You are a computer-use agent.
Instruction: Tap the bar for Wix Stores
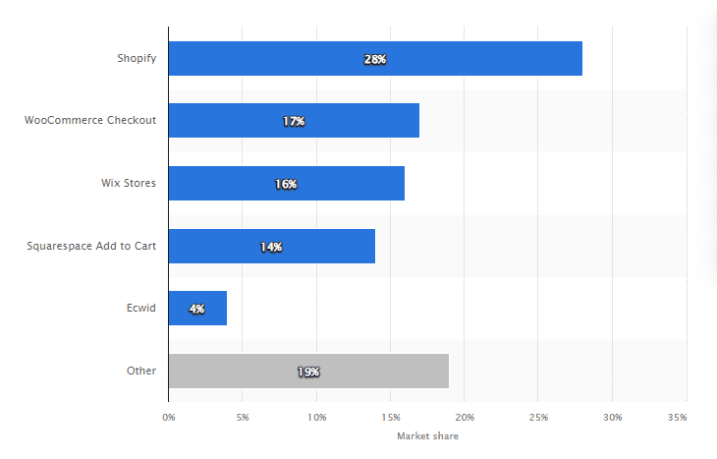(x=344, y=184)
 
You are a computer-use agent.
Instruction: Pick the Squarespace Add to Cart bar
(x=324, y=247)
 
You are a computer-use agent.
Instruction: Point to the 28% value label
(x=375, y=59)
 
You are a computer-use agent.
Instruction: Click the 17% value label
(x=294, y=121)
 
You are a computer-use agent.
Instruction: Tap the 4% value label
(x=197, y=309)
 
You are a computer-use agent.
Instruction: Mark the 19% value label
(x=308, y=372)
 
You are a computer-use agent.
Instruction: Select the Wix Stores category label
(x=128, y=184)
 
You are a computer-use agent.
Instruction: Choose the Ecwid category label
(x=141, y=309)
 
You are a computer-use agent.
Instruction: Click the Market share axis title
(x=427, y=435)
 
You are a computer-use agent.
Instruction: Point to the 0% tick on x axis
(x=169, y=418)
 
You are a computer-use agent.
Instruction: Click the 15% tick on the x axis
(x=390, y=418)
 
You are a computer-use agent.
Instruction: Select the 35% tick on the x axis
(x=677, y=418)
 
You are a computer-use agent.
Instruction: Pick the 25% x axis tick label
(x=538, y=418)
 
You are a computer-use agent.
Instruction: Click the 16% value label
(x=286, y=184)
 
